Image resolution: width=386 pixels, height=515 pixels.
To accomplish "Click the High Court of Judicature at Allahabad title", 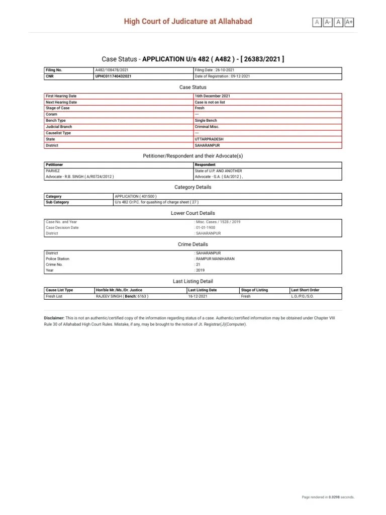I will tap(188, 21).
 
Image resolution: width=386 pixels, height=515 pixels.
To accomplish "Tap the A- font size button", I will tap(328, 22).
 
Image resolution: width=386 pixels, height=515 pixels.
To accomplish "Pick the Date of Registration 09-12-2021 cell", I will tap(222, 76).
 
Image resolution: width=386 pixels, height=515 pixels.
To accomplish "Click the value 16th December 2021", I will tap(213, 96).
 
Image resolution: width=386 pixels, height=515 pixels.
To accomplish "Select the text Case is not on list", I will tap(210, 102).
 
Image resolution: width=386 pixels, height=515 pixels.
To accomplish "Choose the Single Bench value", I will tap(206, 121).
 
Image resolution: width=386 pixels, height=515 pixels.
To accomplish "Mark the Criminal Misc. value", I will tap(207, 127).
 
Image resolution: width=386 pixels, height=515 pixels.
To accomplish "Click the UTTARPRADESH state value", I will tap(209, 139).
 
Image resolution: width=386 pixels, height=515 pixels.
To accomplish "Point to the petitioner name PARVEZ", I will tap(52, 170).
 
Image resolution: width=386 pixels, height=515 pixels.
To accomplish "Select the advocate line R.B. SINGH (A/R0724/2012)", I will tap(79, 177).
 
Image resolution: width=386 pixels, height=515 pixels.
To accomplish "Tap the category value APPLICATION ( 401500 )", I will tap(136, 196).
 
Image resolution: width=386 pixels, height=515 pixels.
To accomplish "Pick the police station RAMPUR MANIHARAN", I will tap(215, 259).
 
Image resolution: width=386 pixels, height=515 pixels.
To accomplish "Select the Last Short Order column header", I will tap(305, 290).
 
